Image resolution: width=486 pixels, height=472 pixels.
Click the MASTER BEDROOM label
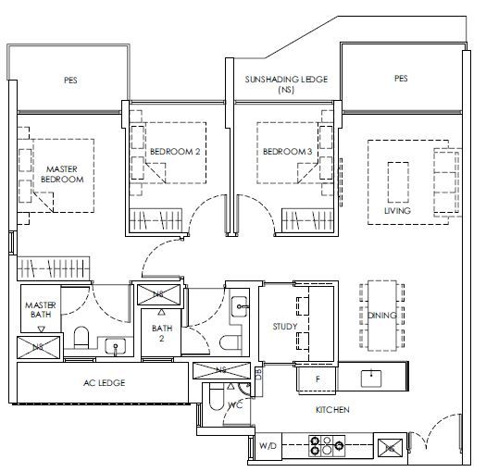(62, 174)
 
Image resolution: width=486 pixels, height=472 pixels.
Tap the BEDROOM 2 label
(175, 152)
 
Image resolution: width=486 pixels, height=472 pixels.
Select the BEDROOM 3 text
(287, 152)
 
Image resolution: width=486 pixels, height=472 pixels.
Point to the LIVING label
(397, 211)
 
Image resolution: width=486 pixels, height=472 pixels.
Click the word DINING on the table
(381, 316)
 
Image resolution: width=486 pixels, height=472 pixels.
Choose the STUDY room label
(285, 327)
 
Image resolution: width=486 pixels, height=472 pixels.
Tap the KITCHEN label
(332, 410)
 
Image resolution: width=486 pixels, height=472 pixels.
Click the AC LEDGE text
(104, 383)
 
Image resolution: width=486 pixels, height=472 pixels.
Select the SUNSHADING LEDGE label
(286, 80)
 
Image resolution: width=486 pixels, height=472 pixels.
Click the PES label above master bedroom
(70, 81)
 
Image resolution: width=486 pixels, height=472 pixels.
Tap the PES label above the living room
(401, 79)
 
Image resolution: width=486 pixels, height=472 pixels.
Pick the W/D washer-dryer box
(268, 446)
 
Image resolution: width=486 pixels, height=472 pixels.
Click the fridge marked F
(318, 379)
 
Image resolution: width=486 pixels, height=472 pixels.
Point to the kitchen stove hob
(327, 446)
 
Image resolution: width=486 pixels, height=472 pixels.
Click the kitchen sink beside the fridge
(371, 379)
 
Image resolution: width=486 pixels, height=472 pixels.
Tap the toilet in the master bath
(81, 337)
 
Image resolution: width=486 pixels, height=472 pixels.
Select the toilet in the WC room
(216, 397)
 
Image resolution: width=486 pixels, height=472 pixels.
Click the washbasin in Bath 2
(239, 306)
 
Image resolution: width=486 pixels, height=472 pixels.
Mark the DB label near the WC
(258, 374)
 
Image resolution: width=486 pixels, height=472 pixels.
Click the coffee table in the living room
(398, 182)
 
